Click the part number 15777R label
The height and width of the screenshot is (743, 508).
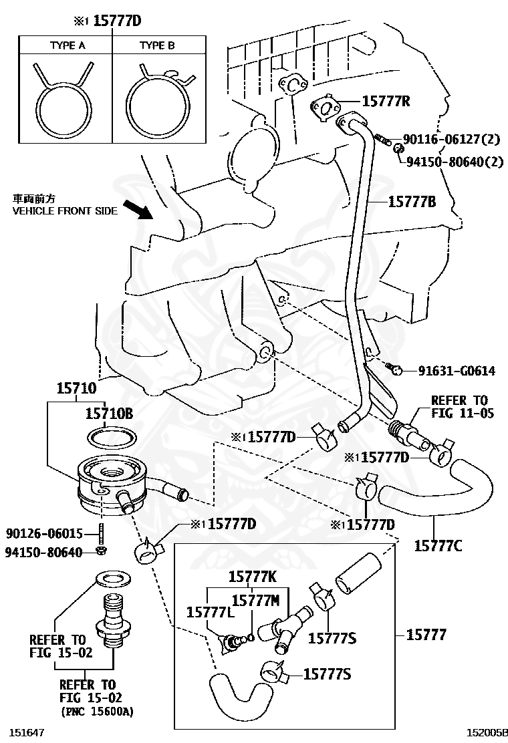point(386,102)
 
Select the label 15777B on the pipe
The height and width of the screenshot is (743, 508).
point(412,200)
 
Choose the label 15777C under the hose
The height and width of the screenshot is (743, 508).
point(438,545)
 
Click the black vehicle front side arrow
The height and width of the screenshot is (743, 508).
point(141,210)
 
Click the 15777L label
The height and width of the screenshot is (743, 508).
point(208,612)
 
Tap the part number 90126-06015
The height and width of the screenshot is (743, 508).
point(44,534)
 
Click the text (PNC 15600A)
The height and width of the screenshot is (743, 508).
point(96,712)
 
